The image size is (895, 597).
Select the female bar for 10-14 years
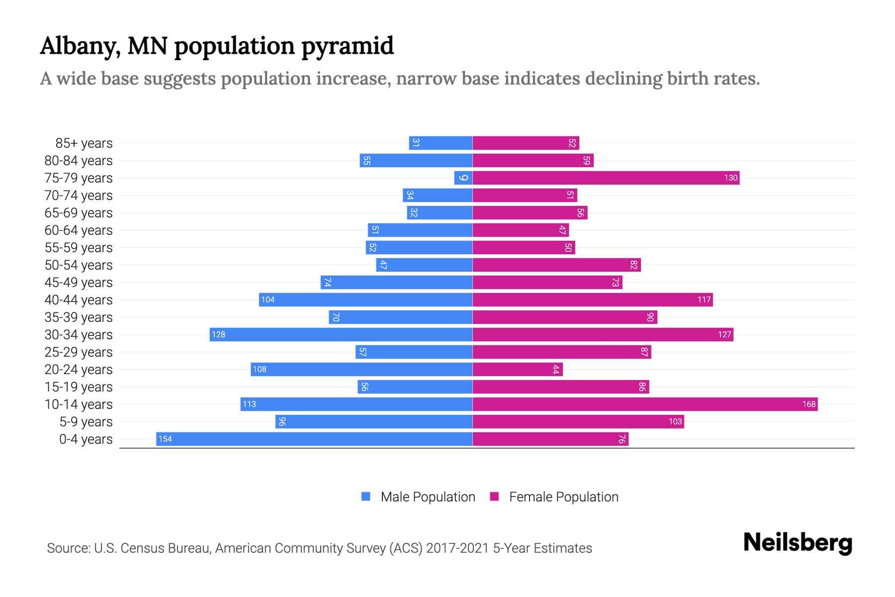[x=644, y=404]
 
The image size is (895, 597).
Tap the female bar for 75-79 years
[x=606, y=178]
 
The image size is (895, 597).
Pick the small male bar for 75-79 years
[x=463, y=178]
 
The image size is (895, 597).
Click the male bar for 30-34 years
[x=341, y=334]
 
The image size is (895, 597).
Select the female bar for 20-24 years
[x=517, y=369]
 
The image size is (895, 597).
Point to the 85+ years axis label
[x=84, y=143]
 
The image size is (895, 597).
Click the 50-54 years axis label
[x=79, y=265]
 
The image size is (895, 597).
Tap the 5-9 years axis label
[x=86, y=422]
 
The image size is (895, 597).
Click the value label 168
[x=808, y=404]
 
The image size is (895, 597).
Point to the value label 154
[x=165, y=439]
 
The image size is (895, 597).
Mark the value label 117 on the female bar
[x=704, y=299]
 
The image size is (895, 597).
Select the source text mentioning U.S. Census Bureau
[x=319, y=548]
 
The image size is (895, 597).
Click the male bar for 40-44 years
[x=365, y=299]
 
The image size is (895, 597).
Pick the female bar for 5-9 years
[x=578, y=421]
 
